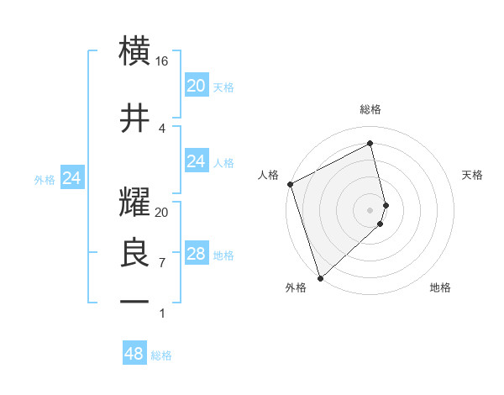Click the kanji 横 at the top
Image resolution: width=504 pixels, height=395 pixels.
[x=134, y=51]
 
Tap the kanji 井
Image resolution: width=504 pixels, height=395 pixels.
[x=134, y=117]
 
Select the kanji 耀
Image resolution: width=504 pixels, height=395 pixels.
[x=134, y=203]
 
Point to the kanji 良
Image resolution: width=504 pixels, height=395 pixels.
[x=134, y=253]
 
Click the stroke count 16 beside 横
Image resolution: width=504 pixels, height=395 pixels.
[x=162, y=61]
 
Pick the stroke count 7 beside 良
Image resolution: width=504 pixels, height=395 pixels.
[x=162, y=262]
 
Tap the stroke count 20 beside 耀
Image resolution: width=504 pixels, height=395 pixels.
[x=162, y=213]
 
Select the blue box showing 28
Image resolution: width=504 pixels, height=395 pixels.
[x=196, y=254]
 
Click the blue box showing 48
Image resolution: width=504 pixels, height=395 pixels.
[x=134, y=354]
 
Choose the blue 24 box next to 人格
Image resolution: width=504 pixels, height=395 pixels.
[x=196, y=161]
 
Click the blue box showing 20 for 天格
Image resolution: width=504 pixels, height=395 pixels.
[x=196, y=86]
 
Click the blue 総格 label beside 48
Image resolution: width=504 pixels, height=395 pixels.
[x=161, y=355]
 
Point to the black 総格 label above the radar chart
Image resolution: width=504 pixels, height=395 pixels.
[x=370, y=109]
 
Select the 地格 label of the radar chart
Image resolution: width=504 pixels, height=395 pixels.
[x=440, y=287]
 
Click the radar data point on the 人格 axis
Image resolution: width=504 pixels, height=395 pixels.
[x=290, y=184]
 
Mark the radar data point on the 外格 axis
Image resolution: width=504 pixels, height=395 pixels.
[x=319, y=277]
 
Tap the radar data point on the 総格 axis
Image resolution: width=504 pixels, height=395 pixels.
[x=370, y=144]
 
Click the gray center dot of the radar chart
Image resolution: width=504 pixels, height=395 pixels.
[x=370, y=209]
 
